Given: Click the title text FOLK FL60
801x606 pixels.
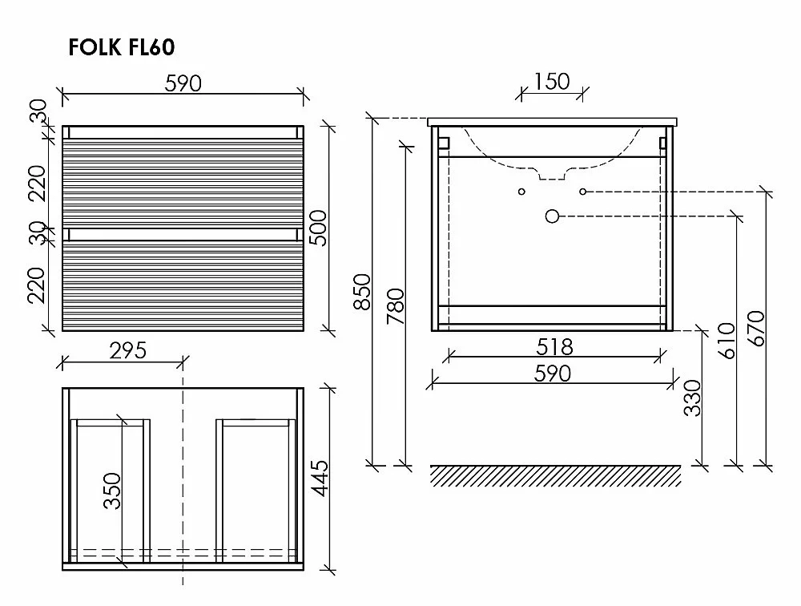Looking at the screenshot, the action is [122, 47].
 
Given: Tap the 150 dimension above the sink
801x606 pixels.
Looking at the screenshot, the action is [552, 82].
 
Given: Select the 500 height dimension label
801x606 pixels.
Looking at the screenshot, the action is [320, 228].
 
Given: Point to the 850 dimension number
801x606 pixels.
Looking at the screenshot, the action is [362, 292].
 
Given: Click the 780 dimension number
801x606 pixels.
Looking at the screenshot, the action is [396, 306].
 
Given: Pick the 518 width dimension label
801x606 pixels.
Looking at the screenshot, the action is [555, 347].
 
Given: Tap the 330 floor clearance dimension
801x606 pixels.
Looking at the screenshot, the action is [693, 398].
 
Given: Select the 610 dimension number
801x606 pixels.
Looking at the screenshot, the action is [727, 341].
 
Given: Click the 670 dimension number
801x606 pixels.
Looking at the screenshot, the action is [757, 329].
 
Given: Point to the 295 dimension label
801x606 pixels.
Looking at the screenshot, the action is [128, 351].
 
